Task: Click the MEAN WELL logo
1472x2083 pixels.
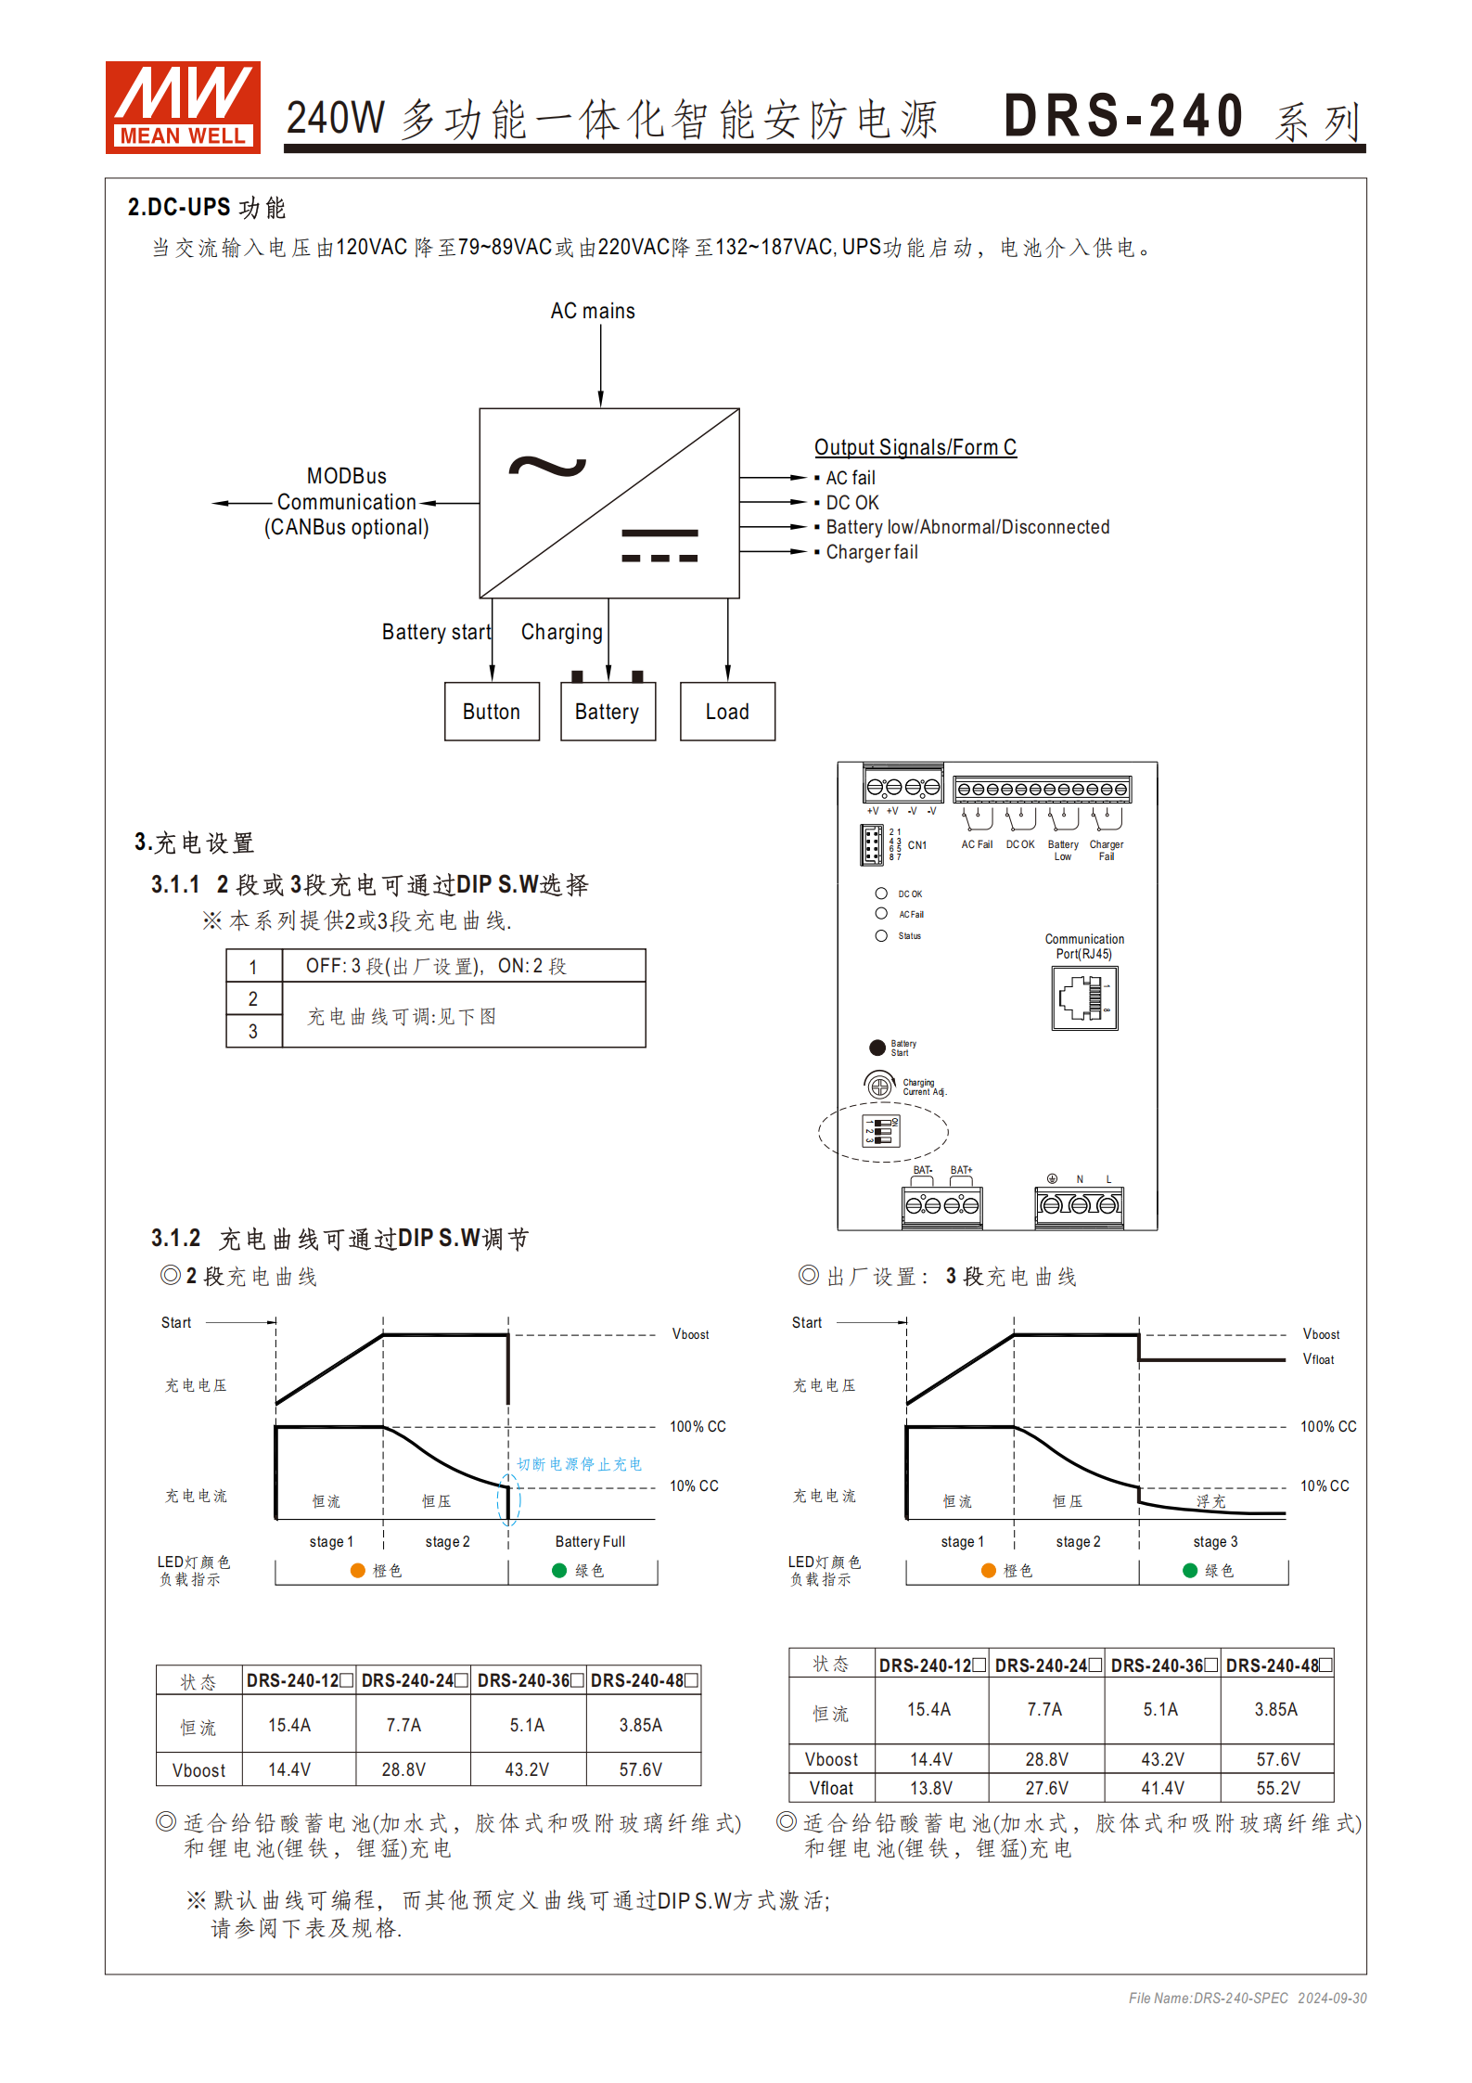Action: click(182, 107)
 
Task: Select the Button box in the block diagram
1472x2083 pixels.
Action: click(492, 712)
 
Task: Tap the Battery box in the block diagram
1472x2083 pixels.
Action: click(608, 712)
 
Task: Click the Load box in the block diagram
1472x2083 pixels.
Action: click(727, 712)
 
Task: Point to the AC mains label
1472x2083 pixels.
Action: click(593, 311)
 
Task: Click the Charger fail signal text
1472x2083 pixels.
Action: click(872, 552)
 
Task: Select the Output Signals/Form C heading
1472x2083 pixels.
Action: click(915, 447)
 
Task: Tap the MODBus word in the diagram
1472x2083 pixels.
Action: click(347, 476)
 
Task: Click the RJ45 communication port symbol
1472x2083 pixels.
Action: click(1084, 998)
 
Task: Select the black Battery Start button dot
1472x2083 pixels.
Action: click(877, 1048)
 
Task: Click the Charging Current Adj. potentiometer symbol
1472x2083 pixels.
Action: click(880, 1086)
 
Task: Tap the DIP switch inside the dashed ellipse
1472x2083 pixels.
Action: click(881, 1130)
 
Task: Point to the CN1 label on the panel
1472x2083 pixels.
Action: click(916, 845)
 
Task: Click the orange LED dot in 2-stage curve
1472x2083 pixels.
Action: click(358, 1570)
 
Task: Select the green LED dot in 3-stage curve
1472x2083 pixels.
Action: click(1190, 1570)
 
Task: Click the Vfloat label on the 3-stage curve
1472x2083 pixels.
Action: click(1318, 1359)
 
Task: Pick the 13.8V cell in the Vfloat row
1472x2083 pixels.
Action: click(930, 1788)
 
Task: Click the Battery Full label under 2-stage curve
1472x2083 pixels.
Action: click(590, 1541)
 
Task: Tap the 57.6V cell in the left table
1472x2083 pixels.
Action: click(641, 1769)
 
